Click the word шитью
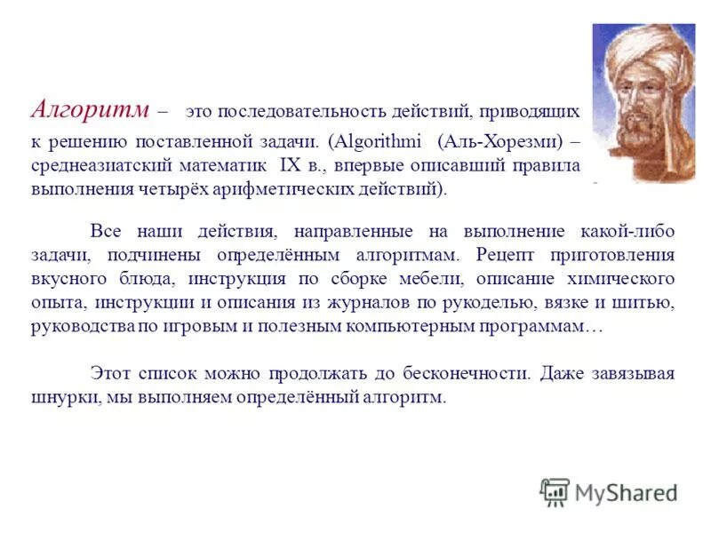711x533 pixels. (x=651, y=303)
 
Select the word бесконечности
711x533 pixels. (x=467, y=374)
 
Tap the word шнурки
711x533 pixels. (x=57, y=397)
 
